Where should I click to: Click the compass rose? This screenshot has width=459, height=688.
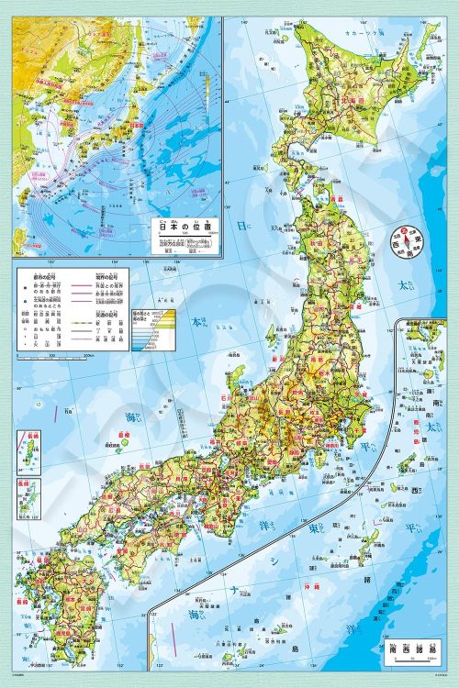click(401, 236)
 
